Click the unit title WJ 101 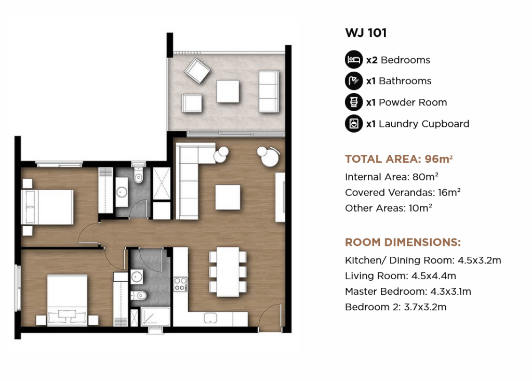coord(366,33)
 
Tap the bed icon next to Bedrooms coord(353,59)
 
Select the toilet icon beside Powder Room coord(353,102)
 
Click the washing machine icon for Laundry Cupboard coord(353,124)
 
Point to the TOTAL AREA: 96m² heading coord(398,159)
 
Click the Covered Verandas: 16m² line coord(403,192)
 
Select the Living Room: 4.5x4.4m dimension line coord(401,275)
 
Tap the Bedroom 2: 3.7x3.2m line coord(395,307)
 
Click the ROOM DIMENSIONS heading coord(403,242)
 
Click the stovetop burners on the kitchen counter coord(180,284)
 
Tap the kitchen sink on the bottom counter coord(210,318)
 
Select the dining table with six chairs coord(228,272)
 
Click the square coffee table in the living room coord(228,198)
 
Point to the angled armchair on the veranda coord(197,71)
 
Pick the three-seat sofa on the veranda coord(269,91)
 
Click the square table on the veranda coord(228,91)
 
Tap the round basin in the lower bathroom coord(137,277)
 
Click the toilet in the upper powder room coord(138,174)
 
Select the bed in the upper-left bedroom coord(47,207)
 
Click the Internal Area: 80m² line coord(392,177)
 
